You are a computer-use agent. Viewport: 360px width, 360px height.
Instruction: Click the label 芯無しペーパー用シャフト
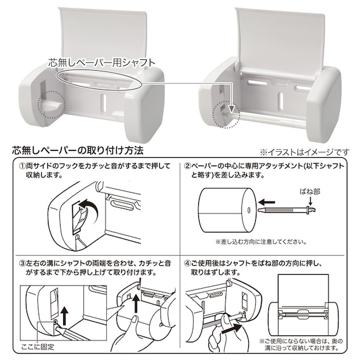click(102, 63)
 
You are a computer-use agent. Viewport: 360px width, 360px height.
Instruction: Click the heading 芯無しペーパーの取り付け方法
click(78, 150)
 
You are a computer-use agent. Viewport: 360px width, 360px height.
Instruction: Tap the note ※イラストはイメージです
click(304, 152)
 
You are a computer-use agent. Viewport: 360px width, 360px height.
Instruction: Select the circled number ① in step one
click(23, 166)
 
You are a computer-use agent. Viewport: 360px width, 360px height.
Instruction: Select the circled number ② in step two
click(188, 166)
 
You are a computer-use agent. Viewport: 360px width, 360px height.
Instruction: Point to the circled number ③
click(23, 263)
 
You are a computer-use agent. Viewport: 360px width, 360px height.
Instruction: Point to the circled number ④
click(188, 263)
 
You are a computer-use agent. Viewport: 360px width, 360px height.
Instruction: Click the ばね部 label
click(309, 191)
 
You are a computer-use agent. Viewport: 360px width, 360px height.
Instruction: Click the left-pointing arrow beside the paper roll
click(267, 202)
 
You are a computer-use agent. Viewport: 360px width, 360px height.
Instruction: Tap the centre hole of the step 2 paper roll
click(249, 210)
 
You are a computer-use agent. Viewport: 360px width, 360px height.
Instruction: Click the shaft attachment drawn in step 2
click(287, 210)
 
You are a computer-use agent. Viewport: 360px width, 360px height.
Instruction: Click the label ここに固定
click(37, 347)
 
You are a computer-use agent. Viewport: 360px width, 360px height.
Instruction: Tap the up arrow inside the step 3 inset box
click(64, 316)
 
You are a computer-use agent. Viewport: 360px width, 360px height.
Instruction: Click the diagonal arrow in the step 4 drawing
click(231, 329)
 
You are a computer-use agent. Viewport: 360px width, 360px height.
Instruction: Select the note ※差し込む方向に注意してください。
click(261, 242)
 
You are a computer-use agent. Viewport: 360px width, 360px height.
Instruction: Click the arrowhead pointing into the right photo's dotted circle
click(232, 109)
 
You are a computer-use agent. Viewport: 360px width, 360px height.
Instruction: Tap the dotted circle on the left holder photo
click(51, 104)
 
